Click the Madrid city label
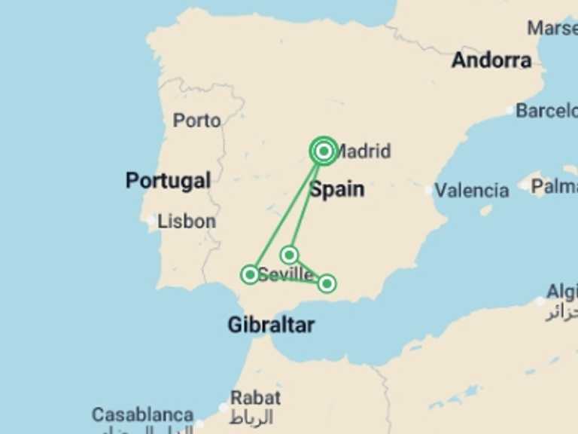[x=364, y=151]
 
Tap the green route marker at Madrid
[x=324, y=151]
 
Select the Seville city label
[x=286, y=275]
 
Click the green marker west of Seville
[x=250, y=274]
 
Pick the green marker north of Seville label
[x=290, y=255]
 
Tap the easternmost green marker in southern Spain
[x=327, y=283]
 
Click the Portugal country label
[x=168, y=181]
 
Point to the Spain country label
[x=337, y=189]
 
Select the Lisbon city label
[x=187, y=222]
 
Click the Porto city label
[x=197, y=121]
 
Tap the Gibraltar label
[x=271, y=325]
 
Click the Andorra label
[x=491, y=60]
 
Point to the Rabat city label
[x=255, y=398]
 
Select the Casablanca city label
[x=142, y=415]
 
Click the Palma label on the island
[x=554, y=185]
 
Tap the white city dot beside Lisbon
[x=153, y=222]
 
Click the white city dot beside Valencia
[x=430, y=191]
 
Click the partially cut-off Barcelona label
[x=546, y=111]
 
